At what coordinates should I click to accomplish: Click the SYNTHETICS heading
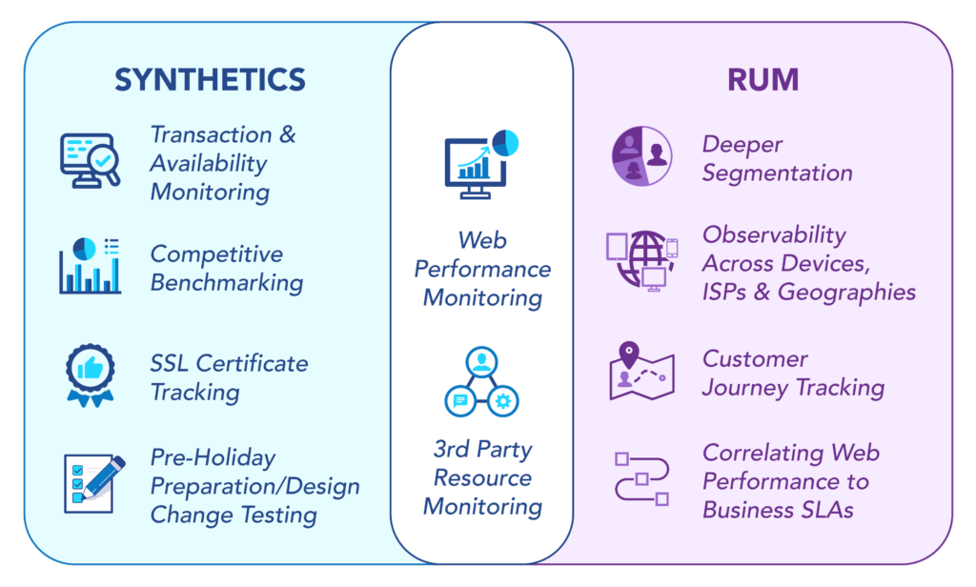click(x=211, y=80)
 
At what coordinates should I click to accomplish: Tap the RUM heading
click(x=763, y=80)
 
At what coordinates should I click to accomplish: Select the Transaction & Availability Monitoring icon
click(x=91, y=161)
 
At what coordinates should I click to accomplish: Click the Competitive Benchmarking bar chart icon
click(x=91, y=266)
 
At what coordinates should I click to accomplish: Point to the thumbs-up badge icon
click(x=91, y=375)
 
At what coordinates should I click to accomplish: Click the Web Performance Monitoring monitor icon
click(x=481, y=164)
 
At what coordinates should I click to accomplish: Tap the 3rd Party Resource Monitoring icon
click(x=481, y=381)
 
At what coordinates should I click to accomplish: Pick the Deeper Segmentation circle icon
click(x=641, y=155)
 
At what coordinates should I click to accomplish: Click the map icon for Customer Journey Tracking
click(x=641, y=371)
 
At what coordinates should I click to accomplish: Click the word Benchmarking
click(x=227, y=283)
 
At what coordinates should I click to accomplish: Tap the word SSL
click(x=171, y=363)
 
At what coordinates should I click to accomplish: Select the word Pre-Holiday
click(x=213, y=458)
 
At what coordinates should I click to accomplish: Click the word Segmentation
click(x=778, y=173)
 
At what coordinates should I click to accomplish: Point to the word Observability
click(x=774, y=235)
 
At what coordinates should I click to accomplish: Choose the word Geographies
click(x=846, y=293)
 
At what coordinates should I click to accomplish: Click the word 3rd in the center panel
click(x=451, y=450)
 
